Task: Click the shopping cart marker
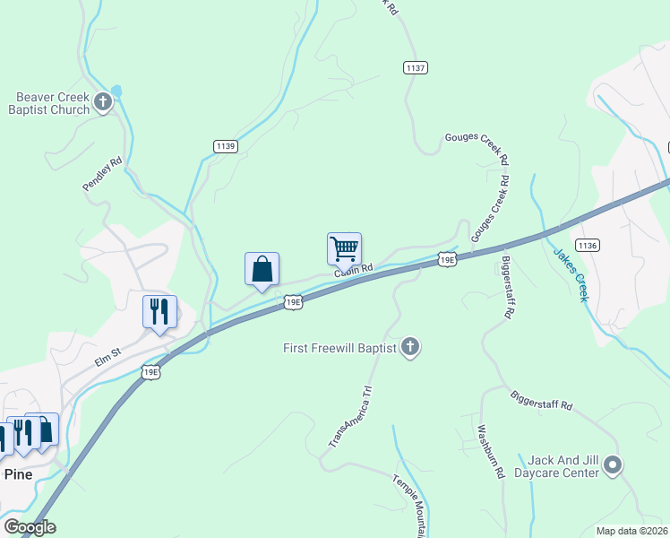(x=344, y=247)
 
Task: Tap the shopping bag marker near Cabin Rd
(x=262, y=269)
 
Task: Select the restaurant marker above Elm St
(x=159, y=312)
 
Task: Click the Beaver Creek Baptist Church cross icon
(x=103, y=101)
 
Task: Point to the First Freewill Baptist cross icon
(x=410, y=347)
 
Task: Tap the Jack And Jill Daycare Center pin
(x=613, y=464)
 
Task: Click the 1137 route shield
(x=415, y=67)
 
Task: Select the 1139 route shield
(x=226, y=145)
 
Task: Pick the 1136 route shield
(x=588, y=245)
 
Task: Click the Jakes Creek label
(x=570, y=275)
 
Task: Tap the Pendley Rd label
(x=101, y=175)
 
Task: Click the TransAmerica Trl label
(x=349, y=416)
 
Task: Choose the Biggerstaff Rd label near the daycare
(x=541, y=400)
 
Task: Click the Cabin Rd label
(x=354, y=270)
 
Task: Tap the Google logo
(x=29, y=527)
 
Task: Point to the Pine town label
(x=18, y=474)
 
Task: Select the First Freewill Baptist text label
(x=339, y=347)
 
